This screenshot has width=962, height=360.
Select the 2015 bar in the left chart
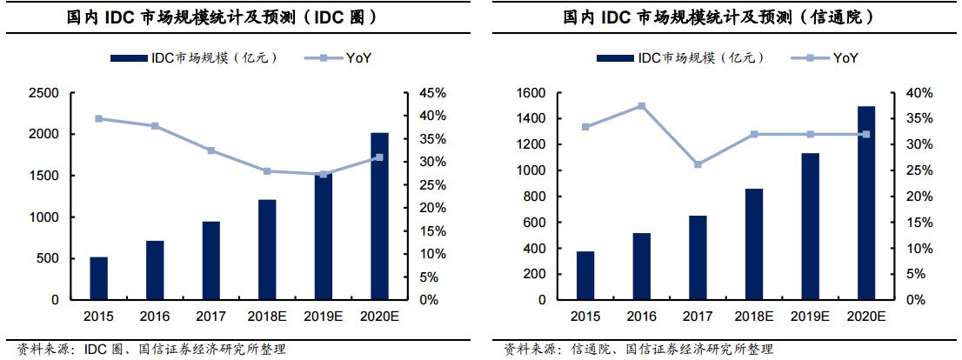coord(98,278)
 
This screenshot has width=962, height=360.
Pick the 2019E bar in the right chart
coord(811,226)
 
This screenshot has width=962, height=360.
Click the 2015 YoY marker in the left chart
coord(98,118)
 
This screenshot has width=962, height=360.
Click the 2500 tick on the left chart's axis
coord(43,93)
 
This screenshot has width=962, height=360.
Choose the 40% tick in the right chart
coord(915,93)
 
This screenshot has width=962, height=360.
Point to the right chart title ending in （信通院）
coord(718,17)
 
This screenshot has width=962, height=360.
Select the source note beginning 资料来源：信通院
coord(638,350)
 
